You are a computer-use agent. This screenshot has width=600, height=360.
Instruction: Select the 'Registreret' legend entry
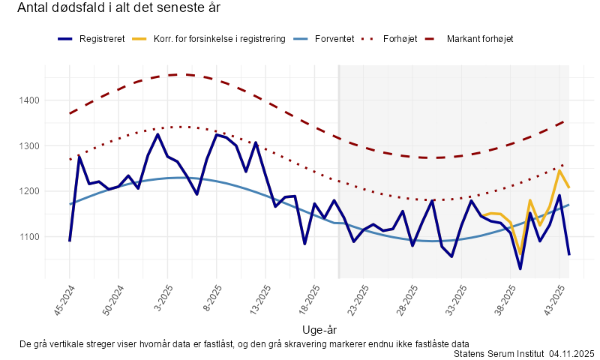pyautogui.click(x=101, y=38)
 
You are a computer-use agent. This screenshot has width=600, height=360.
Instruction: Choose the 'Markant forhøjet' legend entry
pyautogui.click(x=479, y=38)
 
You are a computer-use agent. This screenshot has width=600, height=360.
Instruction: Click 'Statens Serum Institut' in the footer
pyautogui.click(x=499, y=352)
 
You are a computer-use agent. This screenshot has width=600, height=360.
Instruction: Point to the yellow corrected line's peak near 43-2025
pyautogui.click(x=559, y=171)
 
